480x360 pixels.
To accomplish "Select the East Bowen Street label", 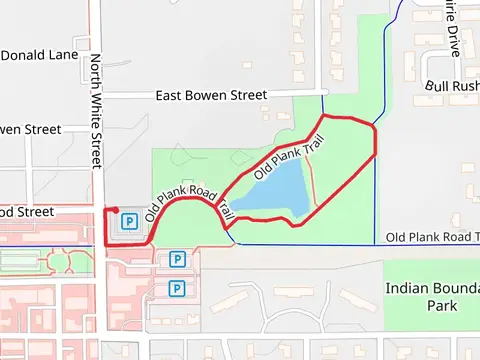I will click(211, 95).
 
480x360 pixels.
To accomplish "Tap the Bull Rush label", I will click(452, 86).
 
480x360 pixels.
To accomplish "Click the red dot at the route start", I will click(116, 210).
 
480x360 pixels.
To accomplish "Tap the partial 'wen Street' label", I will click(30, 129).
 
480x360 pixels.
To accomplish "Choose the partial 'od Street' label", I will click(26, 211).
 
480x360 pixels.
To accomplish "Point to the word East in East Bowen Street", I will click(171, 95).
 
